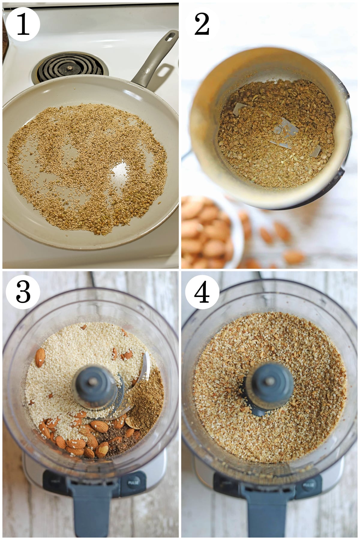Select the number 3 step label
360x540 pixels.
23,292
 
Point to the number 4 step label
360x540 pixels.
202,292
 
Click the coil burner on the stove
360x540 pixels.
70,67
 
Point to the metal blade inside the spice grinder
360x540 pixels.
285,132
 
